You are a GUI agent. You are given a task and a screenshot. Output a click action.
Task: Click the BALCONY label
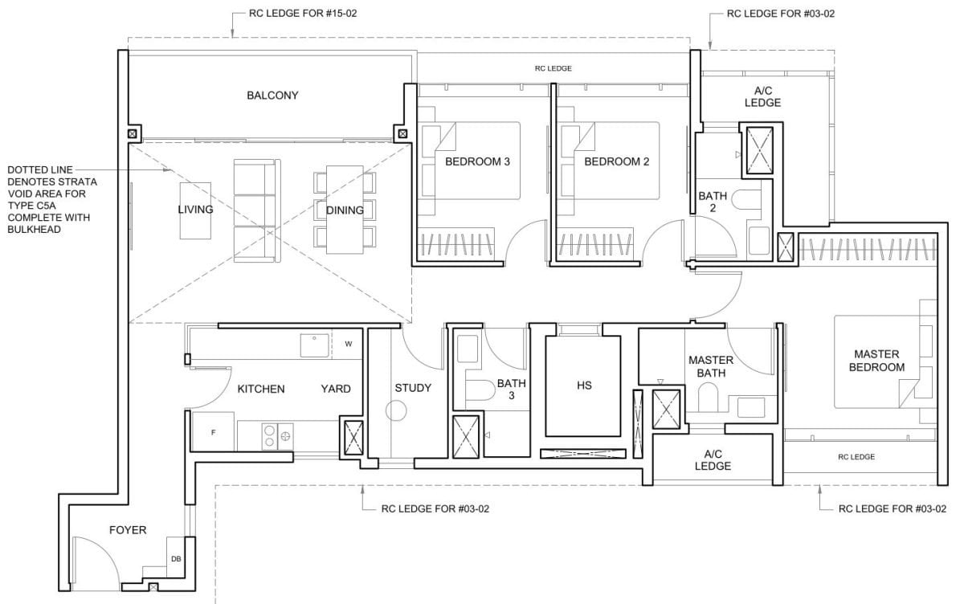(x=272, y=96)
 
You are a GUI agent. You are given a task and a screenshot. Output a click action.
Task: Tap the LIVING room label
(x=195, y=210)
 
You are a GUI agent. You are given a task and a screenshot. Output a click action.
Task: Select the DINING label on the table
(x=345, y=210)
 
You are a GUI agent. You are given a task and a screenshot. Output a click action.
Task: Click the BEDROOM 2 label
(x=616, y=161)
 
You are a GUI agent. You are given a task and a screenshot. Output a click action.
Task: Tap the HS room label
(x=584, y=386)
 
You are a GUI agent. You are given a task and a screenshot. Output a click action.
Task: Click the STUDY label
(x=413, y=388)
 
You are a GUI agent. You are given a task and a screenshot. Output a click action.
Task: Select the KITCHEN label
(x=261, y=389)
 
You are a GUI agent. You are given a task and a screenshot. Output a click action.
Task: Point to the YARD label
(x=336, y=389)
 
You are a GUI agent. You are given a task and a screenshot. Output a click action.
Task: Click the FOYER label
(x=128, y=530)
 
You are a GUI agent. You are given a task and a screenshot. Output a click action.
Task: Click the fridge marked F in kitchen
(x=213, y=432)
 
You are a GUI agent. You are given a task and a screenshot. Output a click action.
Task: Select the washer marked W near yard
(x=348, y=344)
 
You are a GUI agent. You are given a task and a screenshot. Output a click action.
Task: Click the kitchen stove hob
(x=276, y=437)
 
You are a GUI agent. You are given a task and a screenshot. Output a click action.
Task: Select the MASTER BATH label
(x=711, y=366)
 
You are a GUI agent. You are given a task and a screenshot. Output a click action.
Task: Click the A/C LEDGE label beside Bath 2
(x=762, y=97)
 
